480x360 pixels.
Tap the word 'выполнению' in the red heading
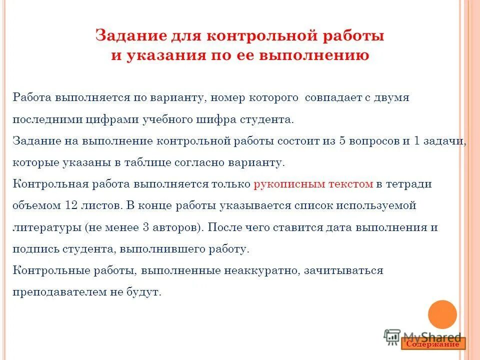click(x=313, y=55)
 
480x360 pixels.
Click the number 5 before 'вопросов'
click(x=342, y=141)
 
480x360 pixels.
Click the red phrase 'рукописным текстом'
click(x=313, y=184)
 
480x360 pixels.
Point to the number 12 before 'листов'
click(x=71, y=205)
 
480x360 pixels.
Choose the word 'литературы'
click(x=46, y=227)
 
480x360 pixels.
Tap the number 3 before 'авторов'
click(x=145, y=227)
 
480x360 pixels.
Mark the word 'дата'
click(x=339, y=227)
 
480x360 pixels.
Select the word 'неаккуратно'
click(x=262, y=270)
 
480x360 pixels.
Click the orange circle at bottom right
click(x=442, y=314)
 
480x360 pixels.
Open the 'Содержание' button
click(x=433, y=344)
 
